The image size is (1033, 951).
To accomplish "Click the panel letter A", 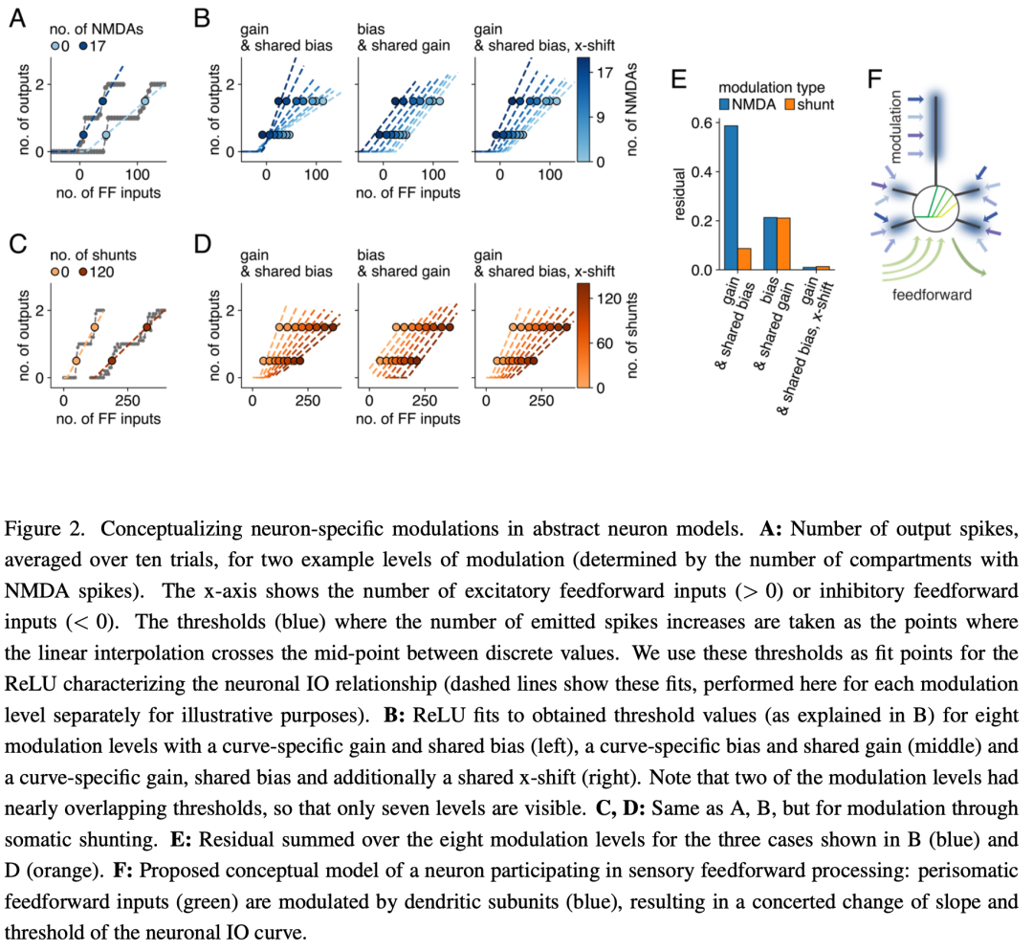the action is click(x=17, y=18).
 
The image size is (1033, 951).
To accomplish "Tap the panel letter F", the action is click(x=874, y=79).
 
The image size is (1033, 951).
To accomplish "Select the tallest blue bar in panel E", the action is click(x=731, y=198).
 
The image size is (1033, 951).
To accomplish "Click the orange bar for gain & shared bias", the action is click(x=744, y=259).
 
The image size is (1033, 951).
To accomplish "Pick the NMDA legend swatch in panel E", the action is click(x=725, y=105).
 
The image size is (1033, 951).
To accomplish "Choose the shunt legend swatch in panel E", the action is click(x=790, y=105).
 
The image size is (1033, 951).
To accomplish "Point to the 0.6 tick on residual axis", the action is click(x=702, y=123).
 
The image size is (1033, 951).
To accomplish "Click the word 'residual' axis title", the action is click(x=680, y=194).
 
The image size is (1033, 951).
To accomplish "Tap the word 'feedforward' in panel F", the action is click(x=932, y=295).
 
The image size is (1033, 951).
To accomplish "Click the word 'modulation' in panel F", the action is click(x=894, y=126).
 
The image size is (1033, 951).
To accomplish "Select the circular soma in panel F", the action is click(x=935, y=209).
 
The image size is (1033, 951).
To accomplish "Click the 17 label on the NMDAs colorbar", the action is click(x=604, y=73).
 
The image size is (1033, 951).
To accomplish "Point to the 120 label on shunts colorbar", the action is click(x=609, y=299).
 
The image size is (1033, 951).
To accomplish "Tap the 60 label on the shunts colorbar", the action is click(x=604, y=343).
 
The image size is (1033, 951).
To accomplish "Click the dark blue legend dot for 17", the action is click(x=83, y=46).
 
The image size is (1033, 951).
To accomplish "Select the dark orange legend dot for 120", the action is click(x=83, y=272).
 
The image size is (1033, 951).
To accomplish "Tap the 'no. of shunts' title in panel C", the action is click(x=94, y=255).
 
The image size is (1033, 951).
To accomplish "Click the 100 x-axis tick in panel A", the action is click(x=137, y=175).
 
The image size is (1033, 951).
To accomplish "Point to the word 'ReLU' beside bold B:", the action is click(x=435, y=716).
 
